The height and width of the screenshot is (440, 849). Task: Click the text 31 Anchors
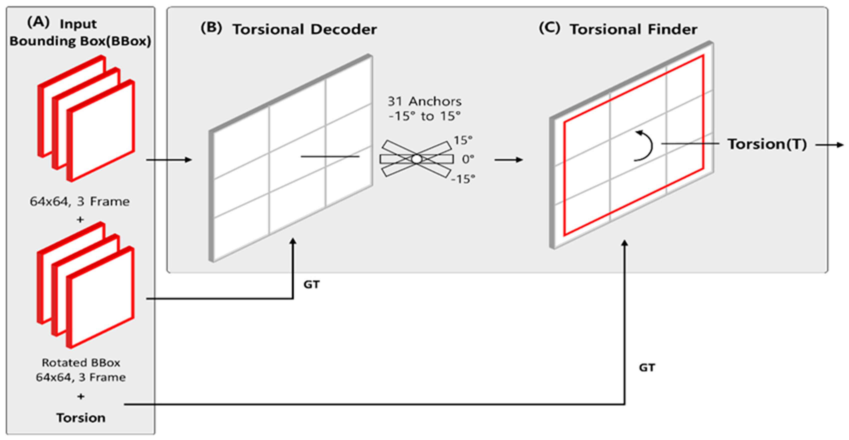(424, 101)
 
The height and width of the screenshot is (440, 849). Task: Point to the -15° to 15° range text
(424, 116)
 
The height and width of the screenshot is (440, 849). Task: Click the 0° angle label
(468, 159)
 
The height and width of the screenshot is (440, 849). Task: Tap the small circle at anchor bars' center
(417, 159)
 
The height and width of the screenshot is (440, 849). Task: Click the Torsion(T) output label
(767, 144)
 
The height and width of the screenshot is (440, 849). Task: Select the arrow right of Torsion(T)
(830, 145)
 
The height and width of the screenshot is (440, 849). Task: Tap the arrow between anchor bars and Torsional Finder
(509, 160)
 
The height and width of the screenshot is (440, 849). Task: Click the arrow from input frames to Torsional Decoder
(169, 160)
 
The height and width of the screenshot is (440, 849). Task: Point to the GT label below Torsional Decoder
(311, 284)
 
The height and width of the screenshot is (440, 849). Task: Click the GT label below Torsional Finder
(647, 367)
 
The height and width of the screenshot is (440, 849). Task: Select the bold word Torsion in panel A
(81, 418)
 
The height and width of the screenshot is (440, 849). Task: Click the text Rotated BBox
(81, 362)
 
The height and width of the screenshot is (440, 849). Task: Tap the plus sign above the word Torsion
(81, 396)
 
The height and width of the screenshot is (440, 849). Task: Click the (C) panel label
(549, 28)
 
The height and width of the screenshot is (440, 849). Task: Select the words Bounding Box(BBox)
(80, 41)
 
